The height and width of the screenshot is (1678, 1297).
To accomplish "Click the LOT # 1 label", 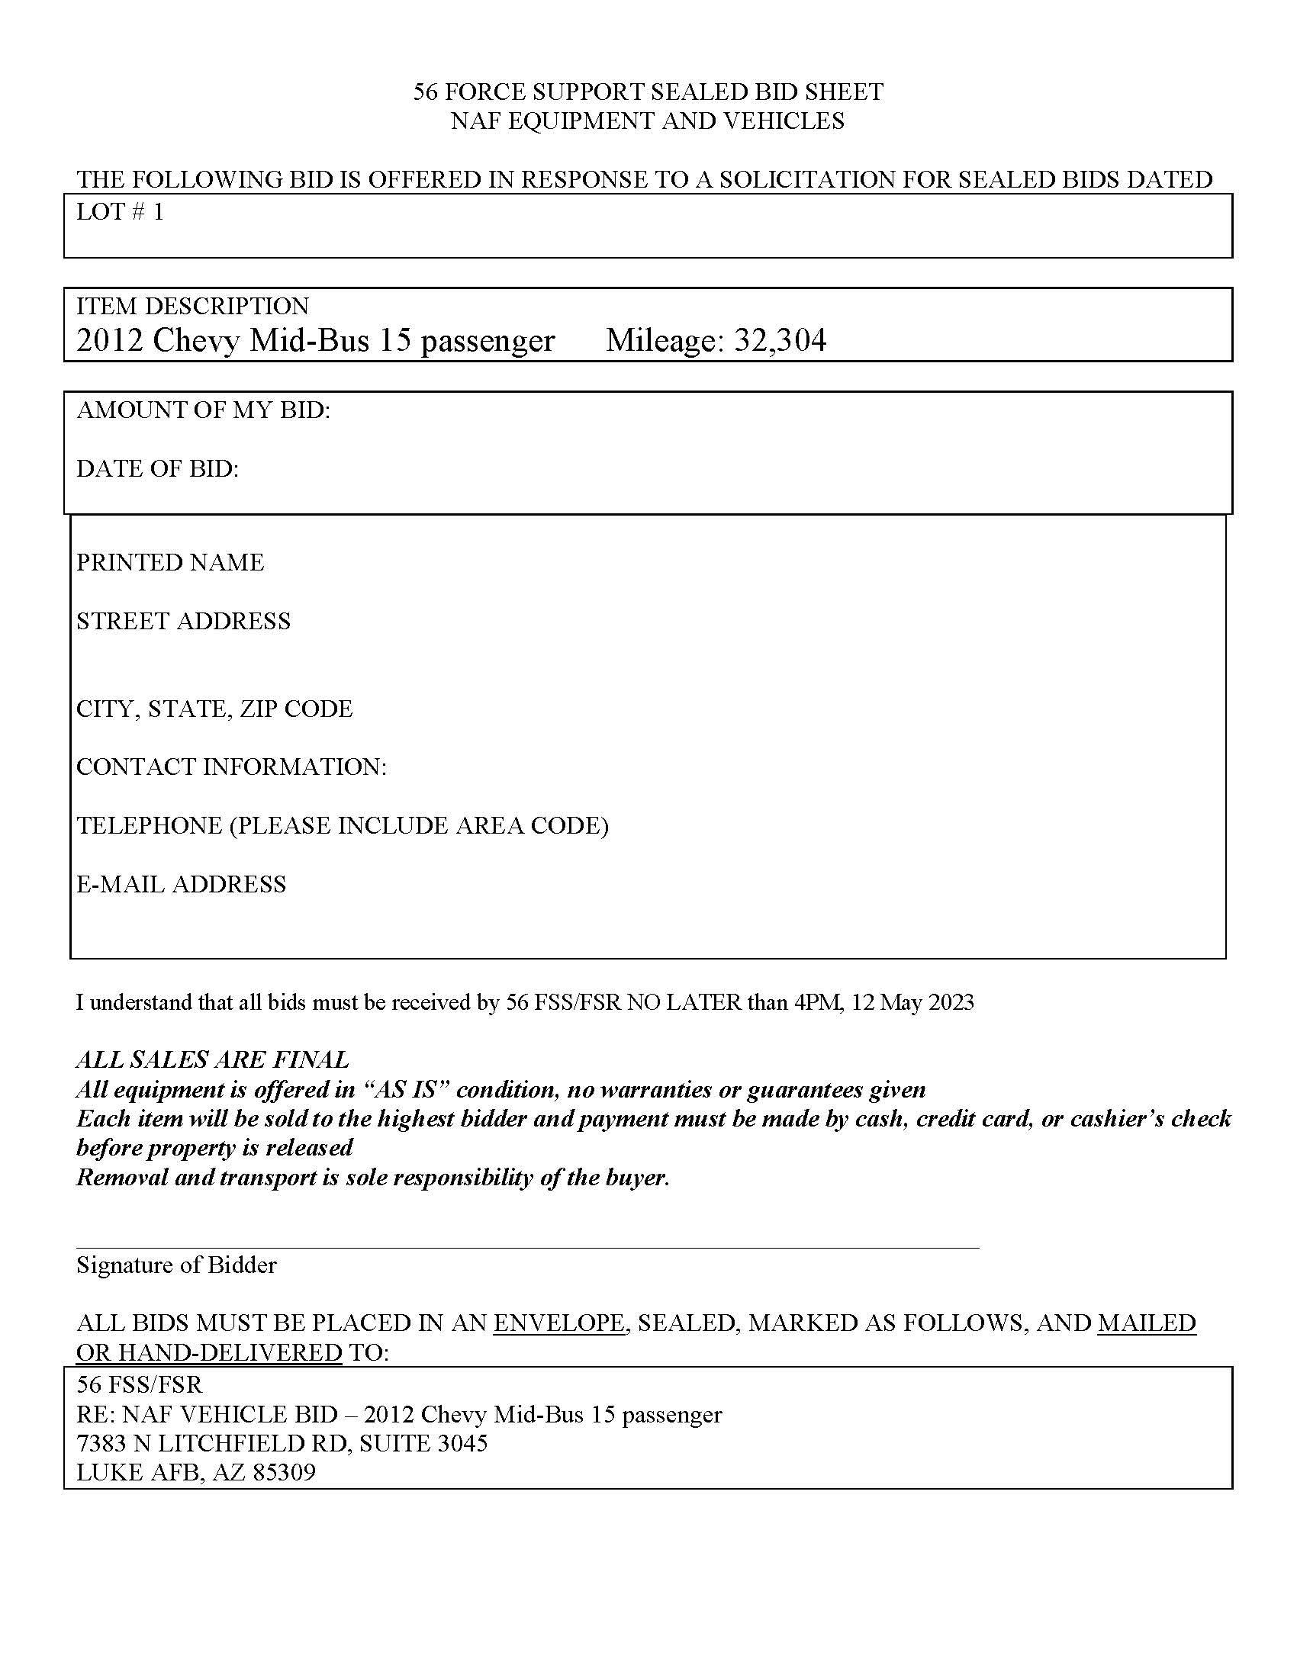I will click(120, 212).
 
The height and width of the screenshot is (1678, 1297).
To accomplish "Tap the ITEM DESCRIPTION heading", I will click(192, 306).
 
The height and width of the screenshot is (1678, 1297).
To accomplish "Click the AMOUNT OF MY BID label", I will click(203, 410).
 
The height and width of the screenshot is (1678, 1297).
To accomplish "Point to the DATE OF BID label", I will click(157, 468).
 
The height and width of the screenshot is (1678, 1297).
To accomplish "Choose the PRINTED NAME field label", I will click(170, 562).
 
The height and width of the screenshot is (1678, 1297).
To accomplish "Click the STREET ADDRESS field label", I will click(183, 621).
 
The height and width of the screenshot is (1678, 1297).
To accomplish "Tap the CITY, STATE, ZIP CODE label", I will click(214, 709).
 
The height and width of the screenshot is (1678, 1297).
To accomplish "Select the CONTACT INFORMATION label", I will click(231, 767).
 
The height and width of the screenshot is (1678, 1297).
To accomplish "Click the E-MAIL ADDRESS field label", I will click(181, 884).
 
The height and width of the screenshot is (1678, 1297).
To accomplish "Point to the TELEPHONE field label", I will click(342, 825).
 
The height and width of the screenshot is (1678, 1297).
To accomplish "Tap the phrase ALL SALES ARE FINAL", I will click(212, 1060).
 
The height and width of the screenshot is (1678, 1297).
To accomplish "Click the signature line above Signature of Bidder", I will click(527, 1249).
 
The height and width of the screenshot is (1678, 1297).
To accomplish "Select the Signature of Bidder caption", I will click(176, 1265).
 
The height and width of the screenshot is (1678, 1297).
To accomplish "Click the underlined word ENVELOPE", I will click(559, 1323).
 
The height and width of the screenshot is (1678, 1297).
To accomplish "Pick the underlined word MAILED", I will click(1147, 1323).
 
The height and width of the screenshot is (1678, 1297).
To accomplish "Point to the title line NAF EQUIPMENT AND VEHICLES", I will click(648, 121).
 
